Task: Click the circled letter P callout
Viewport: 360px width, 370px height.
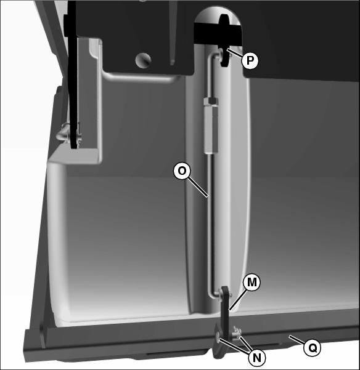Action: (x=250, y=60)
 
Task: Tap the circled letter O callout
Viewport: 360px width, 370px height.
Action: (x=182, y=171)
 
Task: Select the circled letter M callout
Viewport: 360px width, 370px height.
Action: (x=252, y=282)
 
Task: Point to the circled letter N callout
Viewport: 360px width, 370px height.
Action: (x=257, y=358)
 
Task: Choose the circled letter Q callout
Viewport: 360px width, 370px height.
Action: (x=313, y=348)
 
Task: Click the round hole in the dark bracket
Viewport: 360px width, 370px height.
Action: (x=142, y=60)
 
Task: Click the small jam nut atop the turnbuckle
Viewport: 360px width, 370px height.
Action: (x=211, y=101)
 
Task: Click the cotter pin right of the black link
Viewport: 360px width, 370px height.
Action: (x=237, y=332)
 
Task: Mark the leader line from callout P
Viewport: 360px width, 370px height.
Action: (x=235, y=52)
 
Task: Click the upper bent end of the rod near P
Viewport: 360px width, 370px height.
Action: (x=215, y=56)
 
